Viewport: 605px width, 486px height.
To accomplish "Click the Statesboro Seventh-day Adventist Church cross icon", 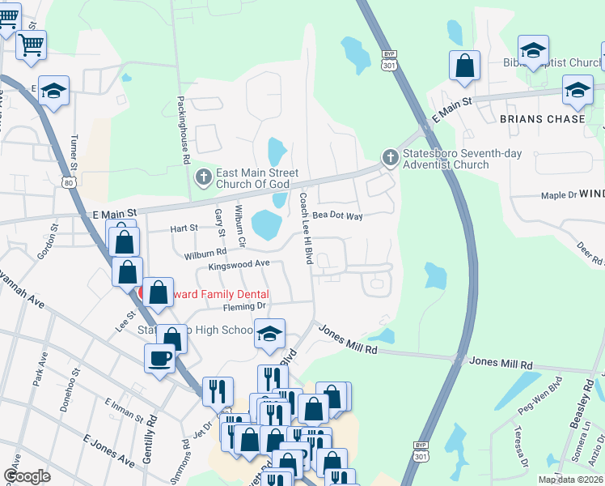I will click(390, 158).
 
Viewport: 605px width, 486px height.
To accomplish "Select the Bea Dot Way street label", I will click(337, 216).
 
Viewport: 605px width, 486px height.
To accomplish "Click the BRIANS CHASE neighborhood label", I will click(542, 119).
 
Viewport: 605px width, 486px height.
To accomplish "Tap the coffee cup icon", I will click(159, 357).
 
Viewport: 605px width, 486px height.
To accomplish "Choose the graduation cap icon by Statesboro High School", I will click(269, 332).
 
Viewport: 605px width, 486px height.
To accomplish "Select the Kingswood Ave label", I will click(239, 265).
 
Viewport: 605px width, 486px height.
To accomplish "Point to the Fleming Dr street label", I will click(245, 306).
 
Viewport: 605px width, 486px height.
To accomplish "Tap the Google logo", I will click(27, 475).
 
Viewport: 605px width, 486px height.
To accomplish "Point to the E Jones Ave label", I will click(108, 450).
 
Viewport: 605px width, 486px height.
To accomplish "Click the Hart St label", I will click(184, 228).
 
